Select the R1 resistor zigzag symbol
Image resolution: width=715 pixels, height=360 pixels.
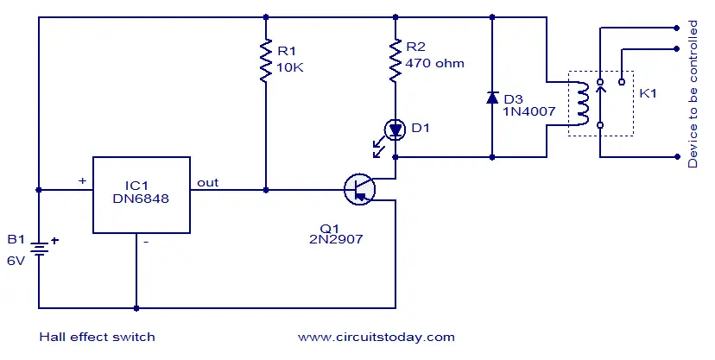click(x=266, y=61)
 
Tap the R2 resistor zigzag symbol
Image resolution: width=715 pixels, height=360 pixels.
click(x=395, y=61)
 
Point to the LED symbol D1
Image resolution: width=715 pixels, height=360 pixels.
click(x=395, y=129)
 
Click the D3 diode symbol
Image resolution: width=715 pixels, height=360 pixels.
click(x=492, y=98)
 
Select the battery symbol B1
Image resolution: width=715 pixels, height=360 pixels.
click(x=39, y=249)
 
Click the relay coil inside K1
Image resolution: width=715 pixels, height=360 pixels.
click(x=583, y=104)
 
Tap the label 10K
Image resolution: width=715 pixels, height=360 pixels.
click(x=290, y=67)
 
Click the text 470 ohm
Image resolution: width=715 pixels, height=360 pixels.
click(x=434, y=63)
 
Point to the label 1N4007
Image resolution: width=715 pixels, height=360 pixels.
click(x=529, y=111)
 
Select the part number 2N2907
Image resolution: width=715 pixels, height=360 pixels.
click(x=336, y=239)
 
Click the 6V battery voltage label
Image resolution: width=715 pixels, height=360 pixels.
click(x=16, y=261)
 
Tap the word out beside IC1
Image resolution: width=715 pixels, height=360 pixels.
click(x=207, y=183)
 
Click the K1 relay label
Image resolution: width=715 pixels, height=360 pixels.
click(x=648, y=93)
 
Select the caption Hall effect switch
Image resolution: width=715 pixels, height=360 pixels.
click(x=97, y=337)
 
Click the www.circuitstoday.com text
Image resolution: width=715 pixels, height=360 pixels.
click(x=376, y=338)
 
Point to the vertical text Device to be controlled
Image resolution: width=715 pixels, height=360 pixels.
click(x=693, y=94)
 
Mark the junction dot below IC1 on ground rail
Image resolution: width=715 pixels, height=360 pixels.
click(x=136, y=308)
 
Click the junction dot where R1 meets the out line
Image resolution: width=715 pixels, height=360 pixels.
click(x=266, y=190)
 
